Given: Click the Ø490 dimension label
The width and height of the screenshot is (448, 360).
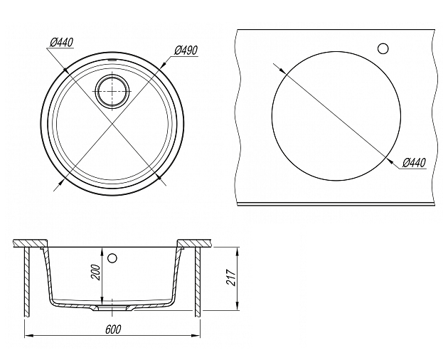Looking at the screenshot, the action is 186,51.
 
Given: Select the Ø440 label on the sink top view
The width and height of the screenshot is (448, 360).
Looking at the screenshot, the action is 61,43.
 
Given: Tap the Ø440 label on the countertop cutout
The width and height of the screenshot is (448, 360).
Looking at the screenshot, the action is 414,163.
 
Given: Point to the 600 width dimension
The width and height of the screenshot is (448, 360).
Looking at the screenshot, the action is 113,329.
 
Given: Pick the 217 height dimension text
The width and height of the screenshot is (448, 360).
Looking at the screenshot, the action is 230,277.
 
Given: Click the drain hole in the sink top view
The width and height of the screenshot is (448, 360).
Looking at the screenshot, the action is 112,91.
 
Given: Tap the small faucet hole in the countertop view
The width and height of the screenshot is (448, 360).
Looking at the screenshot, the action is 383,48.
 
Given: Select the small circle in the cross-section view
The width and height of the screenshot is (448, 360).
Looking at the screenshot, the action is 112,258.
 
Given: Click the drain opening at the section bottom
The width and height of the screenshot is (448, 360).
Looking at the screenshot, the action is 112,307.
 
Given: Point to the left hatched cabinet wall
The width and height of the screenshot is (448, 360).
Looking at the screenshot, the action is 27,282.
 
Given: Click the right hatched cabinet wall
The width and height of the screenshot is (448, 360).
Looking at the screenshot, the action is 198,282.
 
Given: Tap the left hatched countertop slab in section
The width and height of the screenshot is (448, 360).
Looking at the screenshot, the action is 31,243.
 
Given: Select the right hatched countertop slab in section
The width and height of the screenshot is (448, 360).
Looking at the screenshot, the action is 194,243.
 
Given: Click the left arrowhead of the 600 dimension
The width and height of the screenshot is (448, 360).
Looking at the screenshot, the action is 28,336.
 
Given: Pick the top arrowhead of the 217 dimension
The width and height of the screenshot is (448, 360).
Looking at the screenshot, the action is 237,250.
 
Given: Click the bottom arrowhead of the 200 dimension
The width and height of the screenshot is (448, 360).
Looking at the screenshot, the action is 101,299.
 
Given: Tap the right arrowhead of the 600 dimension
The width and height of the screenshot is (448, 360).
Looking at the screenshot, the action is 196,336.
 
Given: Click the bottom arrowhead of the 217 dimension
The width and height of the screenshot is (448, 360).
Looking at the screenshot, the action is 237,306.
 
